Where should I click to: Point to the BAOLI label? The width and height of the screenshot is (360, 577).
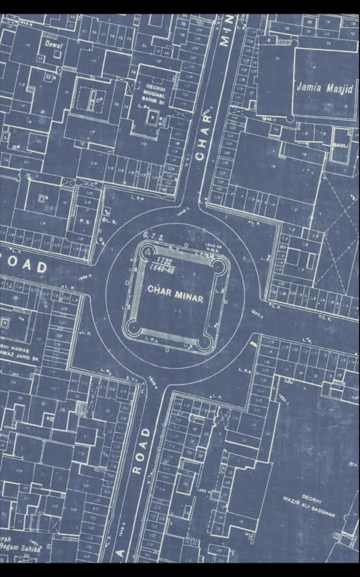pyautogui.click(x=340, y=145)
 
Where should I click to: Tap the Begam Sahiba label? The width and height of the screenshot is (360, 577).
pyautogui.click(x=21, y=546)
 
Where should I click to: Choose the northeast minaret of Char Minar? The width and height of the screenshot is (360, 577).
pyautogui.click(x=220, y=264)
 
